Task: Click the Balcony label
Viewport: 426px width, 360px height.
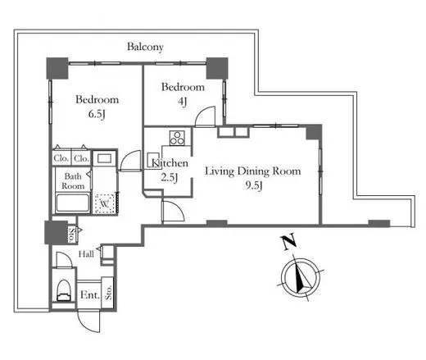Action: tap(145, 47)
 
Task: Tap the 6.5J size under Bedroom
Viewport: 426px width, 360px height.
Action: tap(97, 114)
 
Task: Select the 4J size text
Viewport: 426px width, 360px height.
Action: tap(183, 102)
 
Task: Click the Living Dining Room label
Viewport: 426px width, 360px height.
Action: tap(253, 171)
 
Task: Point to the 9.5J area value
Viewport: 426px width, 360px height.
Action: tap(254, 185)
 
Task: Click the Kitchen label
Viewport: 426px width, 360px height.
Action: tap(170, 163)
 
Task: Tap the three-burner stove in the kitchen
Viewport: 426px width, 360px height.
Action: tap(177, 138)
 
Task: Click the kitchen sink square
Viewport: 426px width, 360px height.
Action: tap(152, 161)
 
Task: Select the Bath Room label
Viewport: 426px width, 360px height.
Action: tap(73, 181)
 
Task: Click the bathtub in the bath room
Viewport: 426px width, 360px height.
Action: tap(73, 203)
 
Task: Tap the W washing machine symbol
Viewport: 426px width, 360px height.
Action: tap(105, 203)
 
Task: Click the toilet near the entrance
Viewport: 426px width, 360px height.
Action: tap(63, 290)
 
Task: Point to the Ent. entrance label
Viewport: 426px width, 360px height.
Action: tap(89, 295)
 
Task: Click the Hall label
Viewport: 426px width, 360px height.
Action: tap(86, 254)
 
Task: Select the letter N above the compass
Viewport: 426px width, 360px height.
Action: tap(288, 241)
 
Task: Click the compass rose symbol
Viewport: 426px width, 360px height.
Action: tap(301, 276)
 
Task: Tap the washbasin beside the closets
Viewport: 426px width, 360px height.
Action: tap(105, 158)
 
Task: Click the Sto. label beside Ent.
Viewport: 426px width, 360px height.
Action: tap(108, 293)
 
